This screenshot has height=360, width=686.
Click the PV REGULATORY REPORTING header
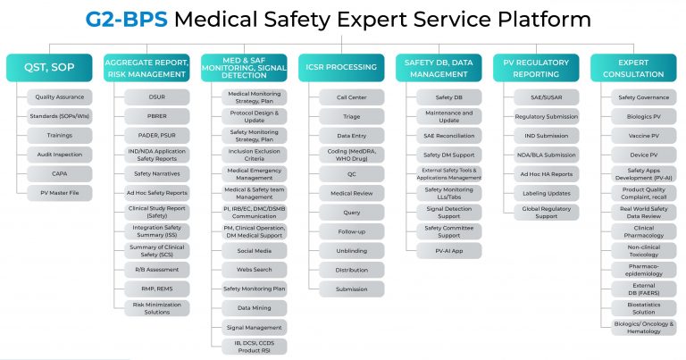538,68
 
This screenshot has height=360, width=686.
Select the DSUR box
157,96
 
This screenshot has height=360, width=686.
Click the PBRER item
157,115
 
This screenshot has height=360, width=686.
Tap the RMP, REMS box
157,289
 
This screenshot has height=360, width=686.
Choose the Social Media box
255,251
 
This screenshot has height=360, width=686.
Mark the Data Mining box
255,307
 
